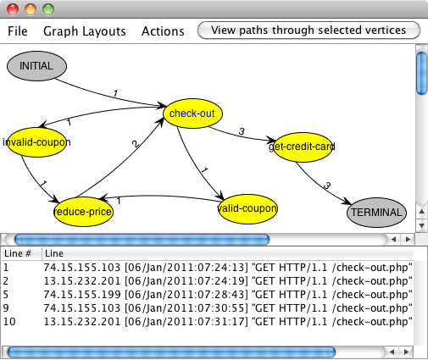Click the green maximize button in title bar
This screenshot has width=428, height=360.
(47, 9)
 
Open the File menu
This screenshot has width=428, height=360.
(18, 31)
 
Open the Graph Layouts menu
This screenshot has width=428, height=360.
(85, 31)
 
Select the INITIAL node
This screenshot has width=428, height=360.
(36, 64)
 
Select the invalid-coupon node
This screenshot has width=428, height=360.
(36, 143)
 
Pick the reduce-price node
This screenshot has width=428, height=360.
(82, 211)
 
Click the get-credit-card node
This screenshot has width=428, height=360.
(302, 147)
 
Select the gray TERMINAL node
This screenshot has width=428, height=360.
(376, 213)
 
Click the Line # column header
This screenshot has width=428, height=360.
(19, 254)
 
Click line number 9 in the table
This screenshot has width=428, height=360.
(7, 307)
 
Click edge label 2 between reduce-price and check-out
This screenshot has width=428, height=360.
(133, 145)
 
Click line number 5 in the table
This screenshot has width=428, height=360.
(7, 294)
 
